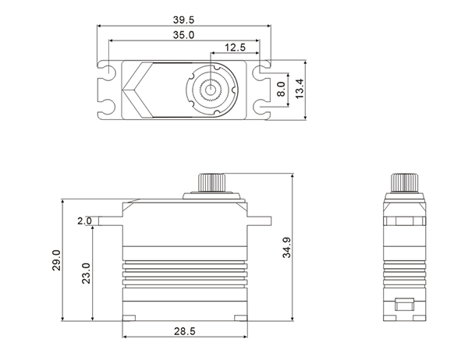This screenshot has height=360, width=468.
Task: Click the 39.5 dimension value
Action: pos(184,19)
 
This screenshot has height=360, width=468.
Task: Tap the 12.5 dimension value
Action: pos(235,48)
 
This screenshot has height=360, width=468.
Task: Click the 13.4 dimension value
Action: pos(310,88)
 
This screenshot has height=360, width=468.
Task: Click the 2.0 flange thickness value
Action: pos(84,221)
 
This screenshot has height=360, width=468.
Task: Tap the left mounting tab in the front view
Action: pos(108,221)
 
